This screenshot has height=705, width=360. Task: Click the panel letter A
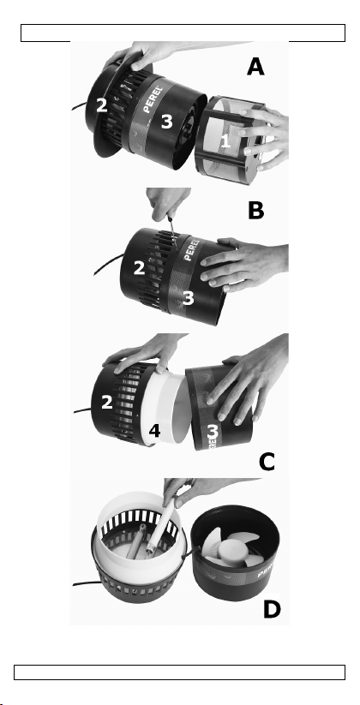click(255, 68)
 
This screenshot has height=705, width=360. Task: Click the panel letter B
click(255, 211)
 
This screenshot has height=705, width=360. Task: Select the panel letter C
click(267, 462)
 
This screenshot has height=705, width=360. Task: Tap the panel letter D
click(272, 609)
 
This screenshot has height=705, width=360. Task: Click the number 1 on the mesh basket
click(225, 140)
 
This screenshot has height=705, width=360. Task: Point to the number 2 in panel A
click(102, 105)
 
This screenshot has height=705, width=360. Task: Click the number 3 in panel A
click(166, 121)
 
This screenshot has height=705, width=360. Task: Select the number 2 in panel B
click(139, 268)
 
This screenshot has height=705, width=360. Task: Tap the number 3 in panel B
click(188, 297)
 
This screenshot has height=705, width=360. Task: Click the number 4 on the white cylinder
click(154, 431)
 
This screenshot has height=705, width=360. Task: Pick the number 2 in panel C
click(106, 402)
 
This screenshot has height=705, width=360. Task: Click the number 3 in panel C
click(213, 433)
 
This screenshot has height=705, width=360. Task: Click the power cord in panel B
click(108, 264)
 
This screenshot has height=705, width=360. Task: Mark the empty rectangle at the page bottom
click(179, 672)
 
